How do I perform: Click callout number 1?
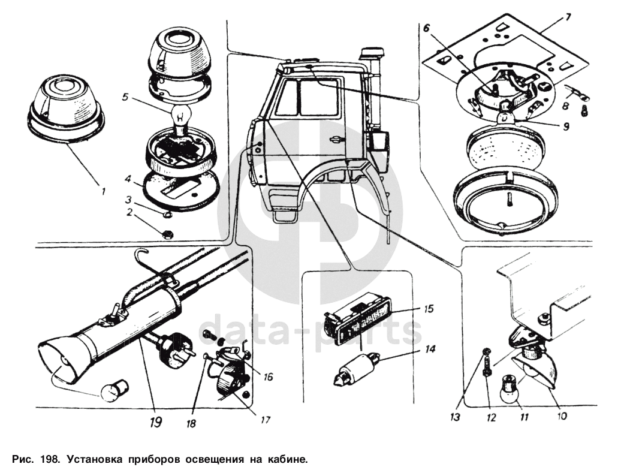103,192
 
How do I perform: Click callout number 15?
429,309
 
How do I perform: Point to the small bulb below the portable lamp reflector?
114,391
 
